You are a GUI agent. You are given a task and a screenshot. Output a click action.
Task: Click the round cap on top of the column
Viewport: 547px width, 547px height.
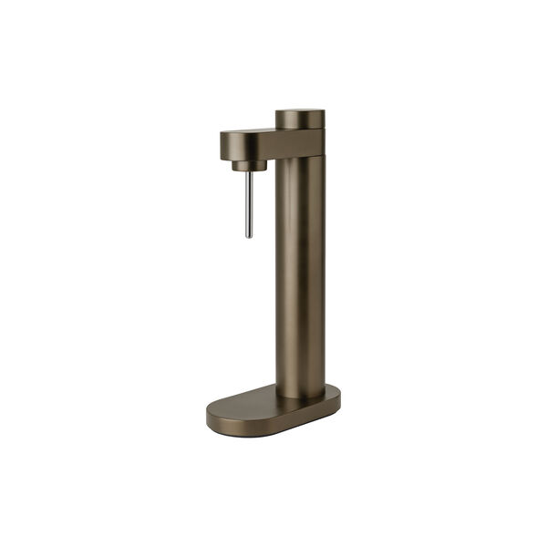(300, 119)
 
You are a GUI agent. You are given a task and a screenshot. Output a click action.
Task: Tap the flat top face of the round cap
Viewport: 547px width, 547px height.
(300, 113)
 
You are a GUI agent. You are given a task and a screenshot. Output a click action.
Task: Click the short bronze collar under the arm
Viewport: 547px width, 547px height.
(248, 165)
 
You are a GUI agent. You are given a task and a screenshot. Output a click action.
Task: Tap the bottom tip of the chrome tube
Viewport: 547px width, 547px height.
(249, 235)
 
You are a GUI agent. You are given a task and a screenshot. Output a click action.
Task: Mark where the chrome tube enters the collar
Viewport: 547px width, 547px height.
(249, 172)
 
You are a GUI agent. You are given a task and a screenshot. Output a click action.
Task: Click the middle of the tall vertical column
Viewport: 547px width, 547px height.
(300, 273)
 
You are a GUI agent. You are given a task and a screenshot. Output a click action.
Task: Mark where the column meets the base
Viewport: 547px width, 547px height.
(300, 396)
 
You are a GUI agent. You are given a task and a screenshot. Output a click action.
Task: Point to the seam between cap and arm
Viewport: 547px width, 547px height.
(300, 129)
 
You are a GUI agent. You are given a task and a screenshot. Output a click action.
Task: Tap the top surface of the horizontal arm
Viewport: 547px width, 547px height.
(251, 132)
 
